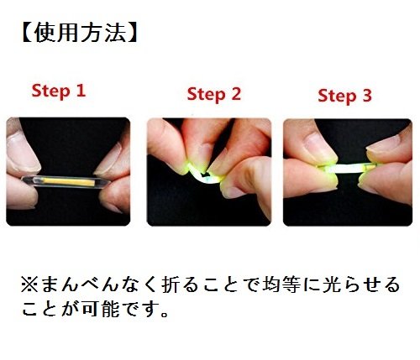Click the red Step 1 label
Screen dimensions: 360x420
(58, 91)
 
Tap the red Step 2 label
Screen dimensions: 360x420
(213, 94)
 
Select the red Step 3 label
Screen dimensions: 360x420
(344, 96)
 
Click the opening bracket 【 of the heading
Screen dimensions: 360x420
(24, 33)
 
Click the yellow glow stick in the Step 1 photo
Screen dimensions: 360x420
(67, 179)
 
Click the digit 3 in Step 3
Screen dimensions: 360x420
(366, 96)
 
